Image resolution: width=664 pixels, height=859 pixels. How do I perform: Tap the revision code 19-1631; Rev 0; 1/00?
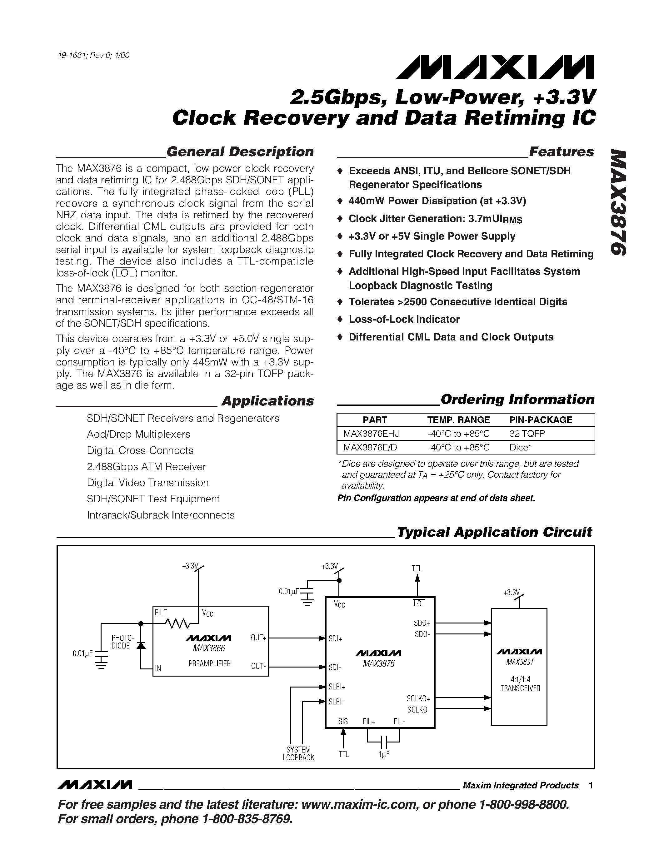coord(94,55)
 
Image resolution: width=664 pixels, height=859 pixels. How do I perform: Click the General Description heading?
coord(240,152)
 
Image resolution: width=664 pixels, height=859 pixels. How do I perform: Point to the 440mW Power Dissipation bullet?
coord(437,201)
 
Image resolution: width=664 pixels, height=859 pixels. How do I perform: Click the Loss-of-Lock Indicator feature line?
coord(404,319)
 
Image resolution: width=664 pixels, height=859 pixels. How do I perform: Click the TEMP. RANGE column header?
coord(458,420)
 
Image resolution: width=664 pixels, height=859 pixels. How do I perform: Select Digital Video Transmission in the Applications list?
coord(147,483)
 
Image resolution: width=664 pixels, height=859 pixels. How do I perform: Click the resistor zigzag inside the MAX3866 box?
coord(177,623)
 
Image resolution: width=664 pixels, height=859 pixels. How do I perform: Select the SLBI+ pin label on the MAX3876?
coord(337,687)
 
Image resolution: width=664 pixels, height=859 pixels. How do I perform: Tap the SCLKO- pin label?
coord(418,710)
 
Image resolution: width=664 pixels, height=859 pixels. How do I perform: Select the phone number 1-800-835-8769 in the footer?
coord(246,819)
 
